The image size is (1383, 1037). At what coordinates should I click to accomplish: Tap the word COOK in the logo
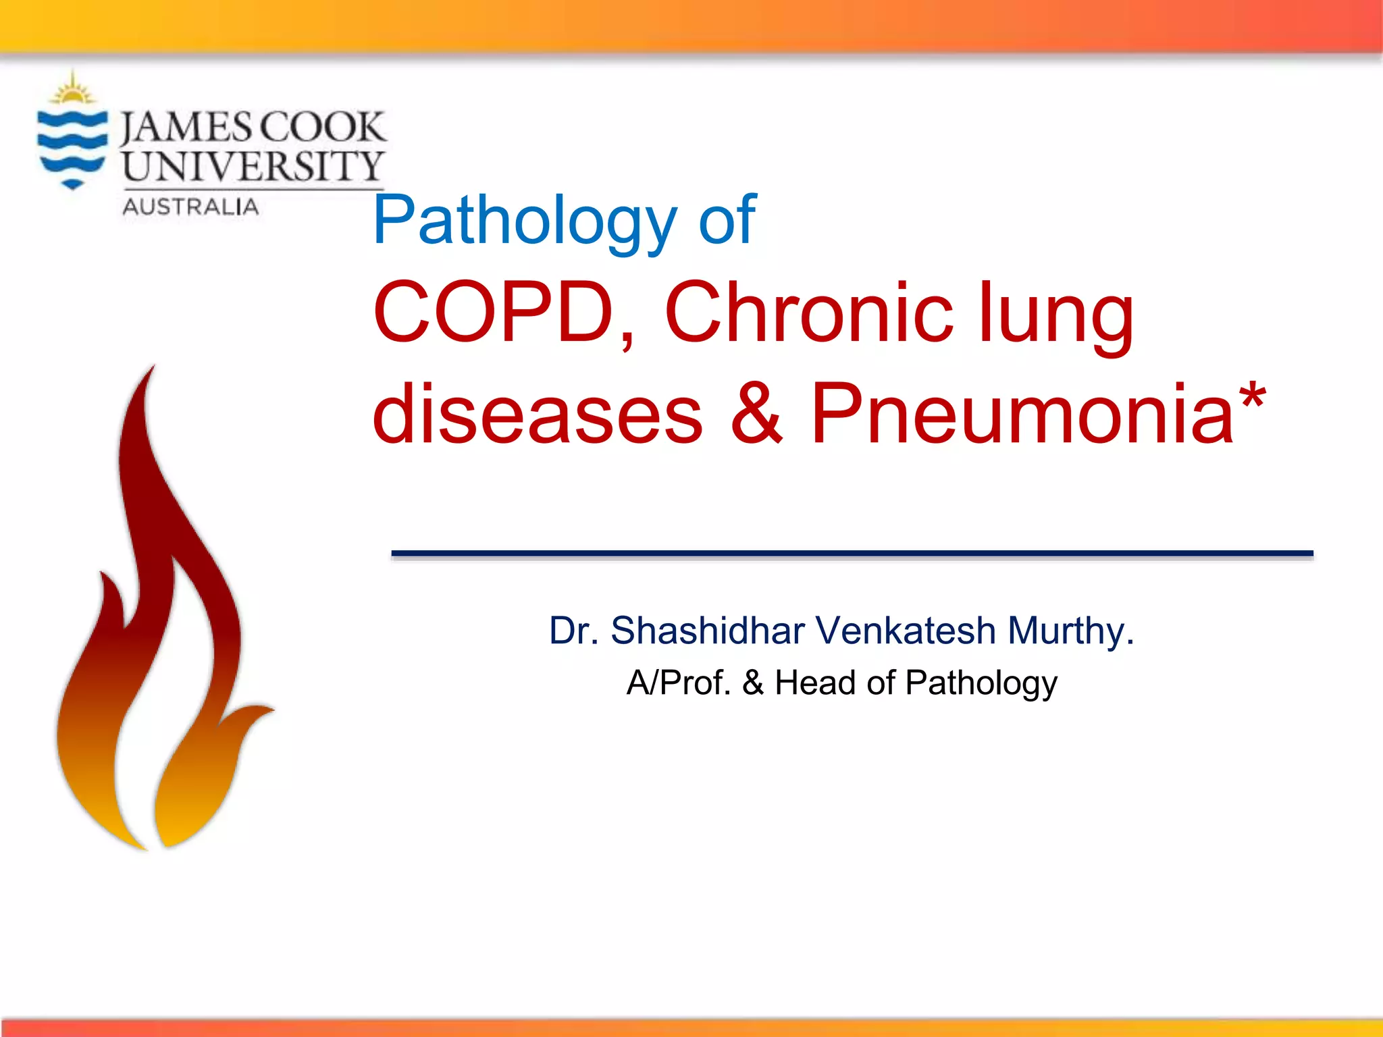321,128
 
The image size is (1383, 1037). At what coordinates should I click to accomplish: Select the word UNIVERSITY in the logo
253,166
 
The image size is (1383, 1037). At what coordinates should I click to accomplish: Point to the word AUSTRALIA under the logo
190,207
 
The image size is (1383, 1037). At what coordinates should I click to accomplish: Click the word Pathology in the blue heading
524,220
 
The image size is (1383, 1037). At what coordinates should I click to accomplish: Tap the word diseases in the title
538,413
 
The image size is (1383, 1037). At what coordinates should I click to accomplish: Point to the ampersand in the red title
757,413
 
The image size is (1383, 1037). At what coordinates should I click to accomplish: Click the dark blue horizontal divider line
852,554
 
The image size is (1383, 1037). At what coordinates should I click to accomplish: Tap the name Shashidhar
707,631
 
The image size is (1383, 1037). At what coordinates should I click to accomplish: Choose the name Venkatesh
906,631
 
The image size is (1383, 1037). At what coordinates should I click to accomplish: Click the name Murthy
1070,632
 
